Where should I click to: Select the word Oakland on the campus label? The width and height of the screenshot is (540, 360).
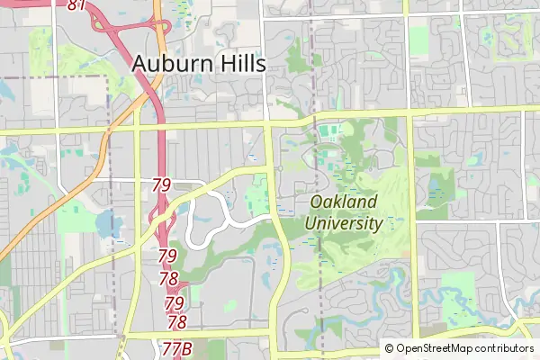342,203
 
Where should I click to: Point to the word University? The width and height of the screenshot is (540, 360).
344,223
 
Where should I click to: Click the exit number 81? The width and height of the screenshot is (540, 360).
77,5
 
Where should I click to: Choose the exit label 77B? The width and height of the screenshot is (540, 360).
177,347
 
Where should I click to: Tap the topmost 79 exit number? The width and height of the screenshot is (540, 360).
161,185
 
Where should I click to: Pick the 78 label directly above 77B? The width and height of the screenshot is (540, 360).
177,322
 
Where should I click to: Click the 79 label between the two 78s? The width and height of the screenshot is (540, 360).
175,302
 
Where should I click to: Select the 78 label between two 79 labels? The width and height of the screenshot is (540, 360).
168,279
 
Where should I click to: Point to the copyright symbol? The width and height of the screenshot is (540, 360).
390,348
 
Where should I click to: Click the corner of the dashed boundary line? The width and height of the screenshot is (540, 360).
108,78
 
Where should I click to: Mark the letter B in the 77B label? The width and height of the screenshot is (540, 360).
188,347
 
